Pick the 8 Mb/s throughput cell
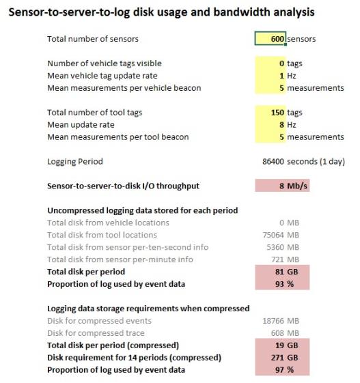[x=281, y=186]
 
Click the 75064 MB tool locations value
[x=281, y=234]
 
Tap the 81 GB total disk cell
[x=281, y=271]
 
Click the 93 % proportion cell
[x=281, y=283]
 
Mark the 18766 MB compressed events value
[x=281, y=320]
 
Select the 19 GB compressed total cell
[x=281, y=345]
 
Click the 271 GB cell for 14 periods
[x=281, y=357]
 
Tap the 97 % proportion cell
[x=281, y=369]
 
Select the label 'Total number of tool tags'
[x=95, y=112]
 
